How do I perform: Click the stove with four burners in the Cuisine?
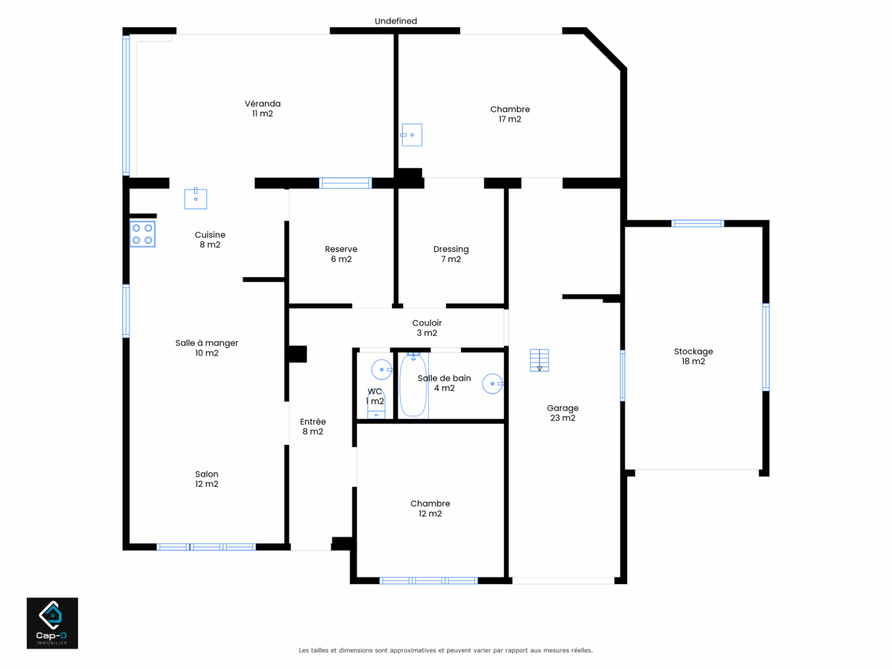click(x=143, y=234)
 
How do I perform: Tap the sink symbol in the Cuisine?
click(x=196, y=198)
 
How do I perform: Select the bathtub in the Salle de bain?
click(x=413, y=384)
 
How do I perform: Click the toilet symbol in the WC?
click(x=376, y=405)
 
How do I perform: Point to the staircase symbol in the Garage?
click(x=539, y=360)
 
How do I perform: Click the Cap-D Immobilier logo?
click(x=52, y=623)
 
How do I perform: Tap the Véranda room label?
click(x=262, y=109)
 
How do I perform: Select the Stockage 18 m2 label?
click(x=693, y=356)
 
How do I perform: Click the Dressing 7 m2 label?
click(x=451, y=254)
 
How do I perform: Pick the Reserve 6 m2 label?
click(x=341, y=254)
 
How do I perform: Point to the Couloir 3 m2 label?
click(x=427, y=328)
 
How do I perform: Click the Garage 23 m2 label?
click(x=562, y=413)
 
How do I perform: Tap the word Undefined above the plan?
click(x=396, y=21)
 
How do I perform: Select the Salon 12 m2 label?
click(x=206, y=479)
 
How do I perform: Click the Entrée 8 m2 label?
click(x=313, y=426)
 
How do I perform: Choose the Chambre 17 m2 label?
click(x=510, y=114)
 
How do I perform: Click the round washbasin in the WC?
click(x=382, y=370)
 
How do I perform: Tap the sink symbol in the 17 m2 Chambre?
click(x=412, y=135)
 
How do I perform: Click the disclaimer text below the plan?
click(x=446, y=650)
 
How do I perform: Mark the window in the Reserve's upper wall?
click(x=346, y=183)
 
